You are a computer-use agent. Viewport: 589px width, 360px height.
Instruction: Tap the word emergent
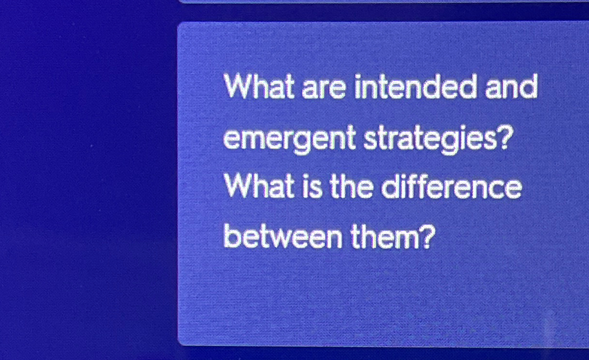289,139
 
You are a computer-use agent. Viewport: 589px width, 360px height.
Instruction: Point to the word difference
451,188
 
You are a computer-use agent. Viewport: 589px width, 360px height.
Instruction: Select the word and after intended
511,88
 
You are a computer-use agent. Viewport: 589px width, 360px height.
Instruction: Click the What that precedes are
260,88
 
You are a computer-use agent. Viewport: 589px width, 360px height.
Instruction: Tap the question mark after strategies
503,138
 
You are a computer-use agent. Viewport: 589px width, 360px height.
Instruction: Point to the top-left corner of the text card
179,24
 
